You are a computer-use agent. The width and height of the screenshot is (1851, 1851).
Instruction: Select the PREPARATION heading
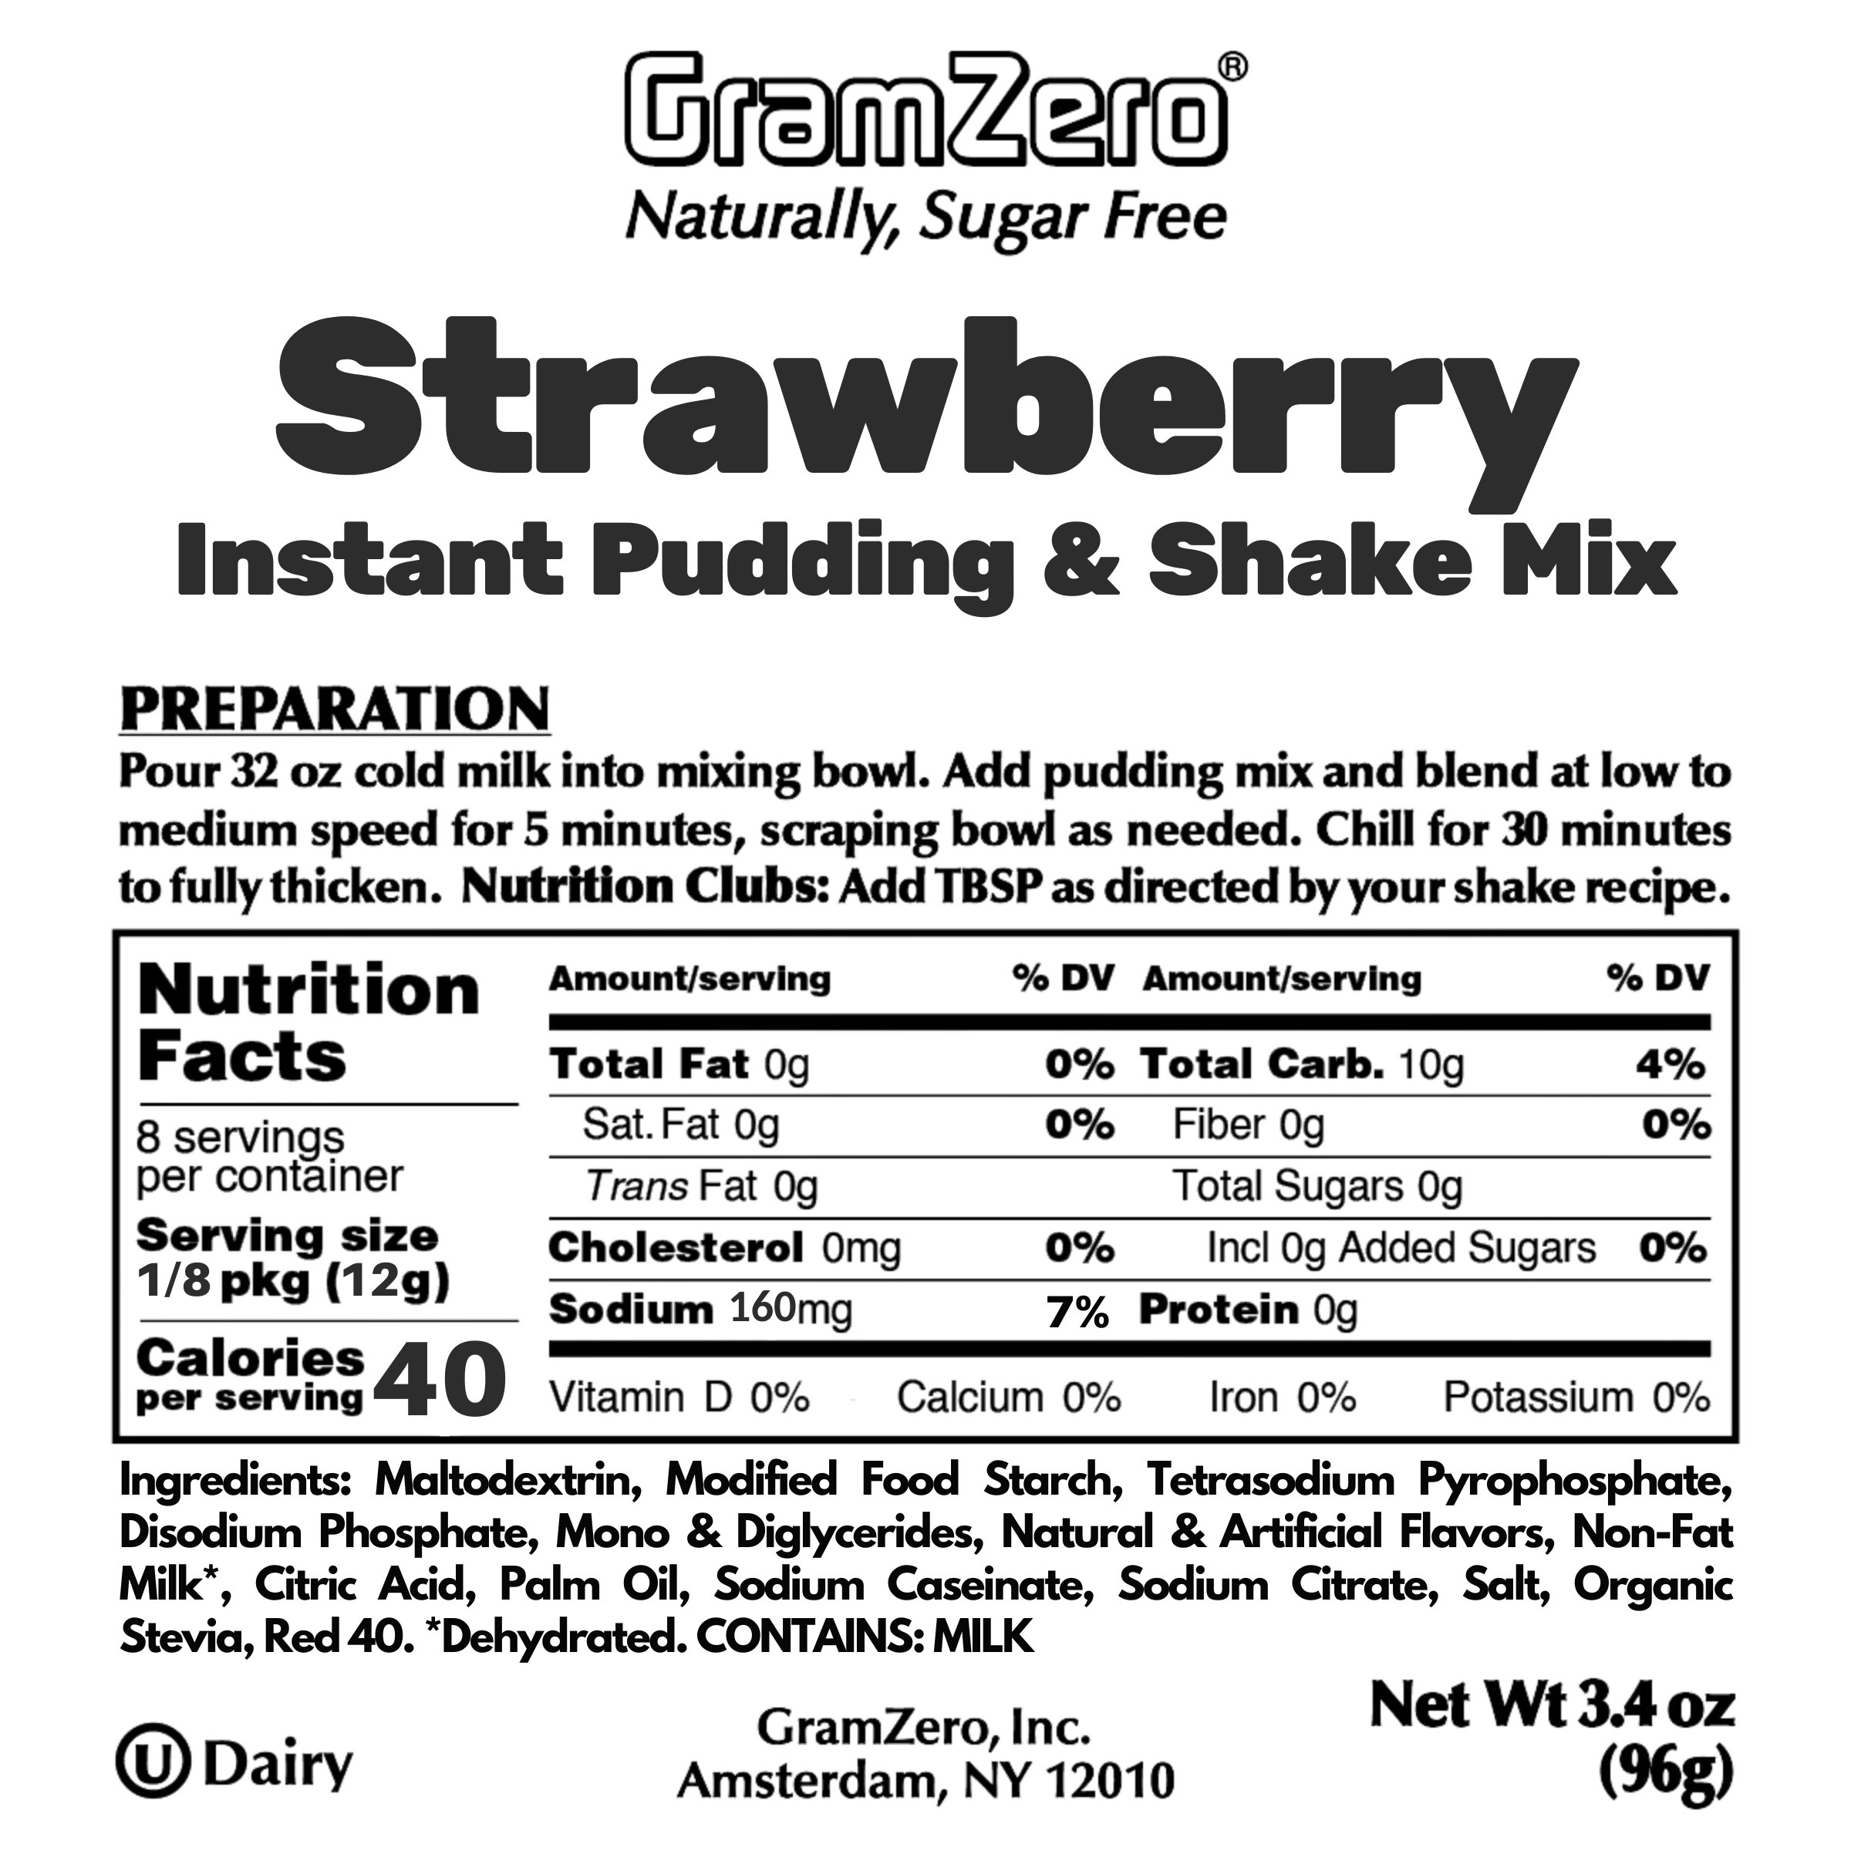click(335, 709)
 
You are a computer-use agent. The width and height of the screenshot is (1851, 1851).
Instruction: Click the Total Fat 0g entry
click(680, 1064)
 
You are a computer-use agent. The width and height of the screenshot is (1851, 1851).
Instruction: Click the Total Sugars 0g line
click(1320, 1187)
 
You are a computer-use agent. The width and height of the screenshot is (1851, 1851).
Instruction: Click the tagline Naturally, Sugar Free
click(925, 218)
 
